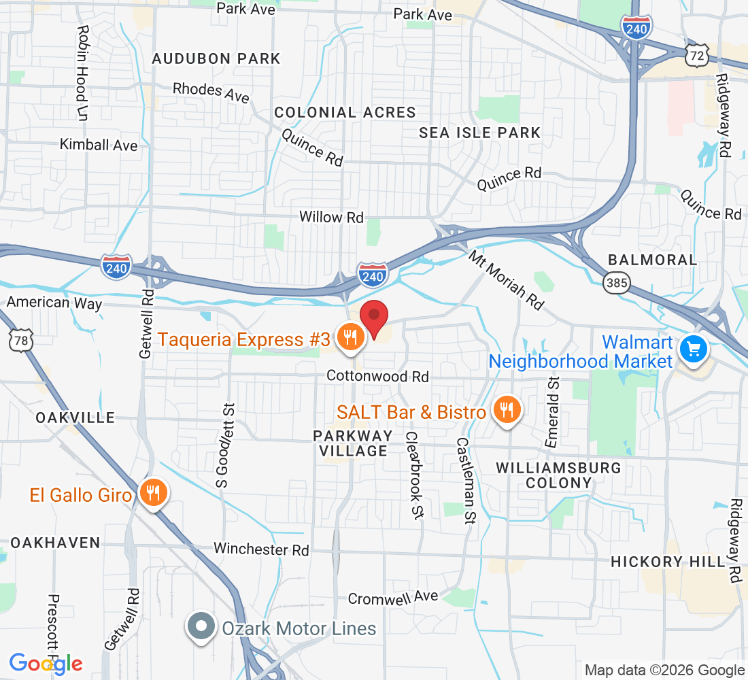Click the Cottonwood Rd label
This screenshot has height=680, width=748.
click(377, 376)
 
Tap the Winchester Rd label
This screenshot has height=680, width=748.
click(261, 549)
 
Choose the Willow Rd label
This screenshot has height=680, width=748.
click(332, 218)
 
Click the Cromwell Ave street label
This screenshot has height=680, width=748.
click(393, 598)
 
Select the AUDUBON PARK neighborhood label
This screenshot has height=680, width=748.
click(216, 58)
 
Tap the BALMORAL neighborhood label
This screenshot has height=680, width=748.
click(652, 260)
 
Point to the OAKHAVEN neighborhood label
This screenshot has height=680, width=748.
click(55, 543)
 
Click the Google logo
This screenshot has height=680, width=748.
click(46, 663)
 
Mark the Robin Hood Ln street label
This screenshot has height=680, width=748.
click(82, 73)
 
